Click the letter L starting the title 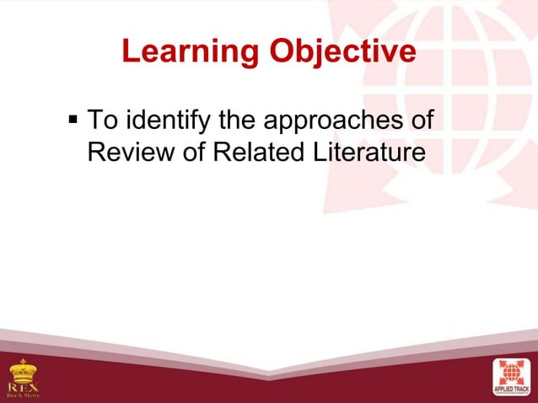pyautogui.click(x=130, y=52)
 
